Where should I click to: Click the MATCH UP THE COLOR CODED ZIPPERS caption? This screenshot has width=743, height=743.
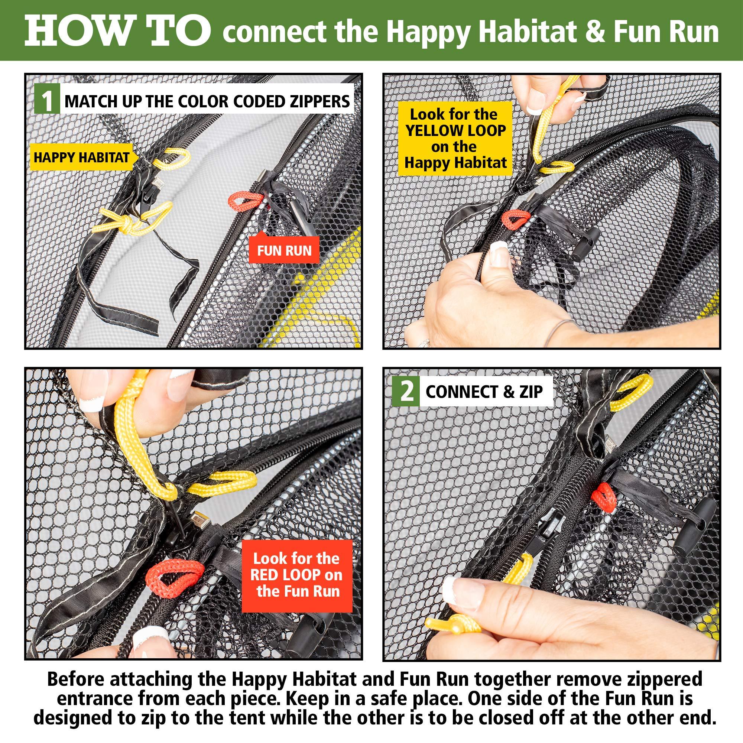coord(207,101)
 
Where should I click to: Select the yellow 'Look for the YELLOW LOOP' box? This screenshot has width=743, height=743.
coord(455,139)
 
